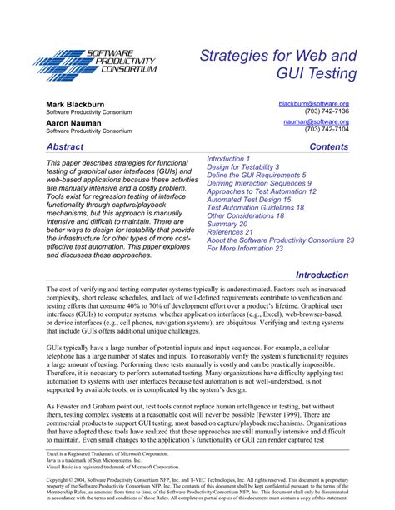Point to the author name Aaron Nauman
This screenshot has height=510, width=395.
(72, 122)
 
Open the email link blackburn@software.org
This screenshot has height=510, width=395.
(312, 102)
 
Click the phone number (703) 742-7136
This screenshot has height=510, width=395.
(327, 111)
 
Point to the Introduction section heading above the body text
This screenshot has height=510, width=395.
(322, 275)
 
